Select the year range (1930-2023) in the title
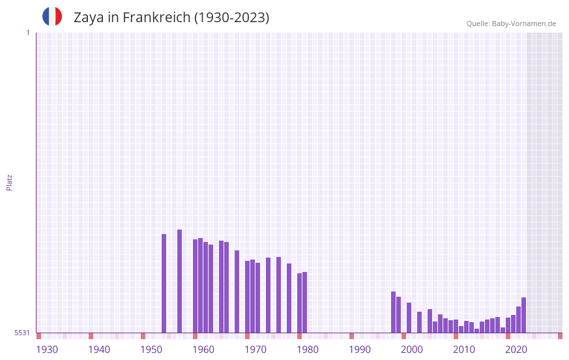tap(231, 18)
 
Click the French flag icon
tap(52, 16)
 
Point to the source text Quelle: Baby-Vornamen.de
tap(511, 23)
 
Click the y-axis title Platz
tap(9, 182)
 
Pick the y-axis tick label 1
tap(27, 33)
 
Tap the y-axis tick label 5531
tap(22, 333)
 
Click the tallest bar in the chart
tap(180, 281)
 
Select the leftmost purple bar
tap(164, 283)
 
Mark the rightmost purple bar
tap(524, 315)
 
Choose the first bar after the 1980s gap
tap(394, 312)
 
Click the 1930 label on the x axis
tap(47, 350)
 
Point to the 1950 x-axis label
tap(151, 350)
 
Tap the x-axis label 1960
tap(203, 350)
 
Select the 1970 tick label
tap(255, 350)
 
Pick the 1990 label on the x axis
tap(360, 350)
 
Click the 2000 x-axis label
tap(412, 350)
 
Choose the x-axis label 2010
tap(464, 350)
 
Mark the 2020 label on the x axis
tap(516, 350)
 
